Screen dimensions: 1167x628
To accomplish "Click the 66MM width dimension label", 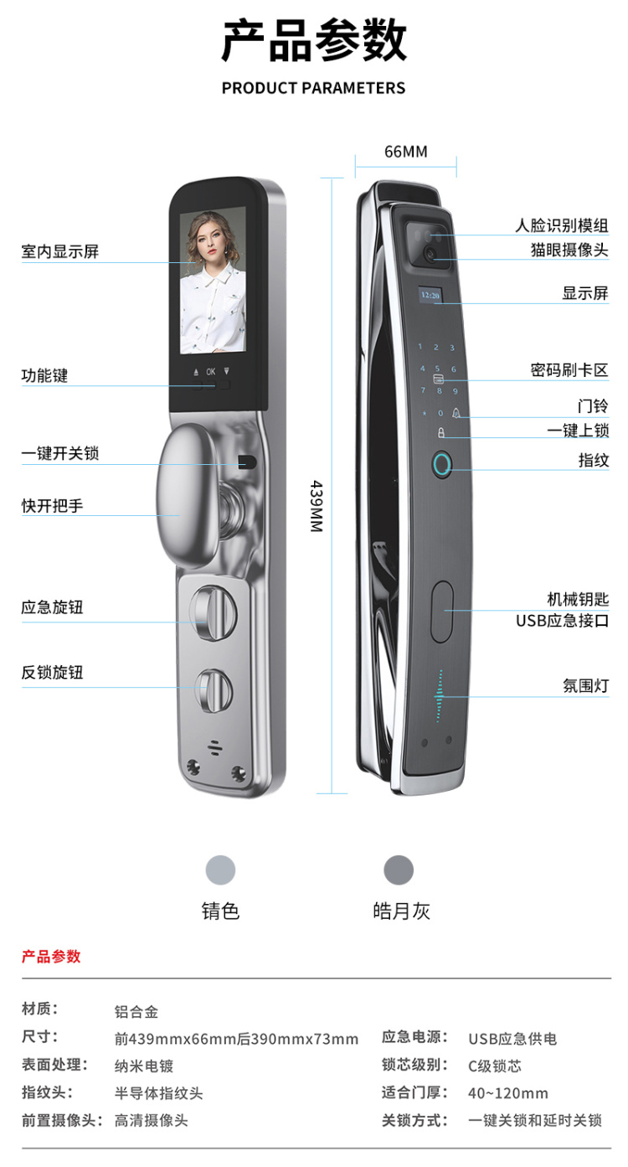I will pyautogui.click(x=405, y=152).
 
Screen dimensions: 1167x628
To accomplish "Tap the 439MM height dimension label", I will pyautogui.click(x=317, y=506).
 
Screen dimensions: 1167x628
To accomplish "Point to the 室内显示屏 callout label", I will pyautogui.click(x=59, y=251).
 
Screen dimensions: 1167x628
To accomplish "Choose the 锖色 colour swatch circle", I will pyautogui.click(x=221, y=870).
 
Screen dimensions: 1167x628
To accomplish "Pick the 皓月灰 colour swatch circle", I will pyautogui.click(x=399, y=870).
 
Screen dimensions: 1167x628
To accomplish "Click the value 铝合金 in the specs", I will pyautogui.click(x=136, y=1012).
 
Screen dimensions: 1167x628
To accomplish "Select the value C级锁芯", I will pyautogui.click(x=495, y=1066).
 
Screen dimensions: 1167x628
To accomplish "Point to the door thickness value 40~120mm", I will pyautogui.click(x=508, y=1092).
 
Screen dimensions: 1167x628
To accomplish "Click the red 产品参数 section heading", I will pyautogui.click(x=51, y=957).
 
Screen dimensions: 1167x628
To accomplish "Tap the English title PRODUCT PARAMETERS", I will pyautogui.click(x=313, y=88).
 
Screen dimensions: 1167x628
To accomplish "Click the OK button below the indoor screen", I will pyautogui.click(x=211, y=371).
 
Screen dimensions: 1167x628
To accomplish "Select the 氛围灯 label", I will pyautogui.click(x=585, y=685).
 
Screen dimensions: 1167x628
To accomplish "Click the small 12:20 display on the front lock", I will pyautogui.click(x=430, y=295).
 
